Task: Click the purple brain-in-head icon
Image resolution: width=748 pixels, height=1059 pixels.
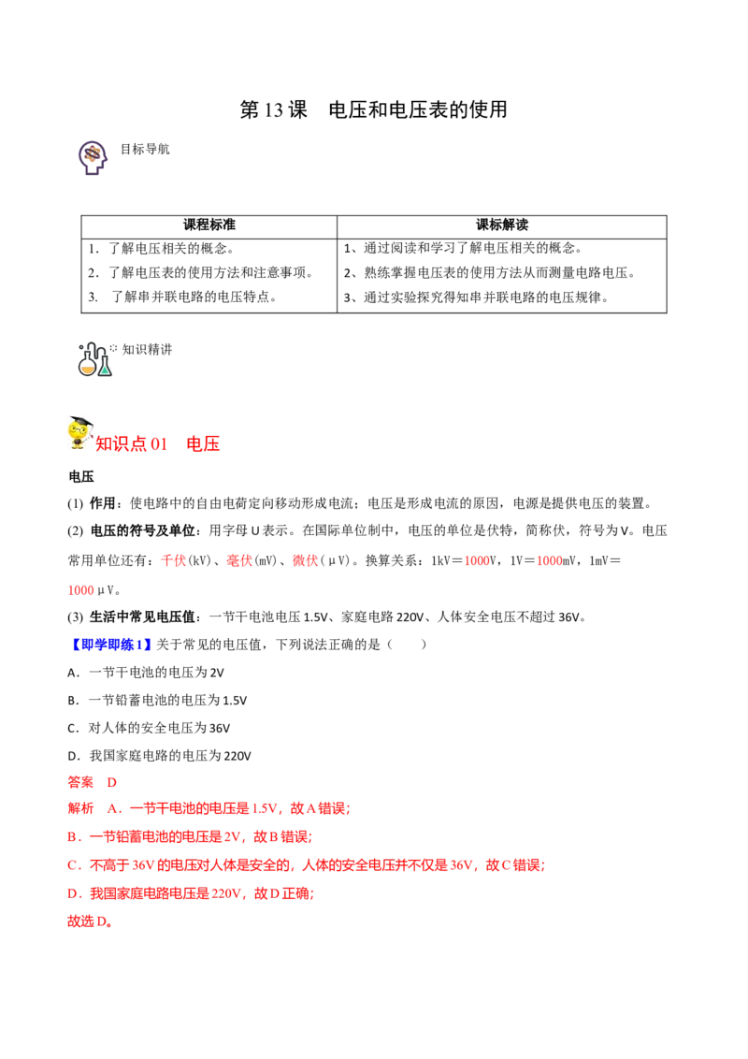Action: [x=92, y=155]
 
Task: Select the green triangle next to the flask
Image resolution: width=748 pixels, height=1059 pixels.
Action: [x=106, y=370]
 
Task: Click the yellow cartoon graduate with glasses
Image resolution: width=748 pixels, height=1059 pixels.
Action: [x=78, y=432]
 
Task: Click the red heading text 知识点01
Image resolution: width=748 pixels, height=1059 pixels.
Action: [x=132, y=444]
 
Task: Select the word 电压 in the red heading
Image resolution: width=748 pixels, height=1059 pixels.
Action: [x=205, y=444]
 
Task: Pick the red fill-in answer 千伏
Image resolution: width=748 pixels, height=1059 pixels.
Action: [x=173, y=561]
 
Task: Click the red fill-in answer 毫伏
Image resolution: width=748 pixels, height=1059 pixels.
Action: [x=239, y=560]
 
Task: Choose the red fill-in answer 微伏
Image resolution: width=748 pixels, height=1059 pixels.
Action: [x=305, y=561]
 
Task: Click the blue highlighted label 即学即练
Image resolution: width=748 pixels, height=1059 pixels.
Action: [x=111, y=644]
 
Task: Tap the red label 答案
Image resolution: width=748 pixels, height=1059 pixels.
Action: [x=81, y=781]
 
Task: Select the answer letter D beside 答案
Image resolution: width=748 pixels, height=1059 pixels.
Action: [x=111, y=781]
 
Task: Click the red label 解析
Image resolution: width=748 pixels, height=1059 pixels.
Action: [x=81, y=808]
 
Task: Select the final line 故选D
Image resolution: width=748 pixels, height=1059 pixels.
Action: [x=89, y=921]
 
